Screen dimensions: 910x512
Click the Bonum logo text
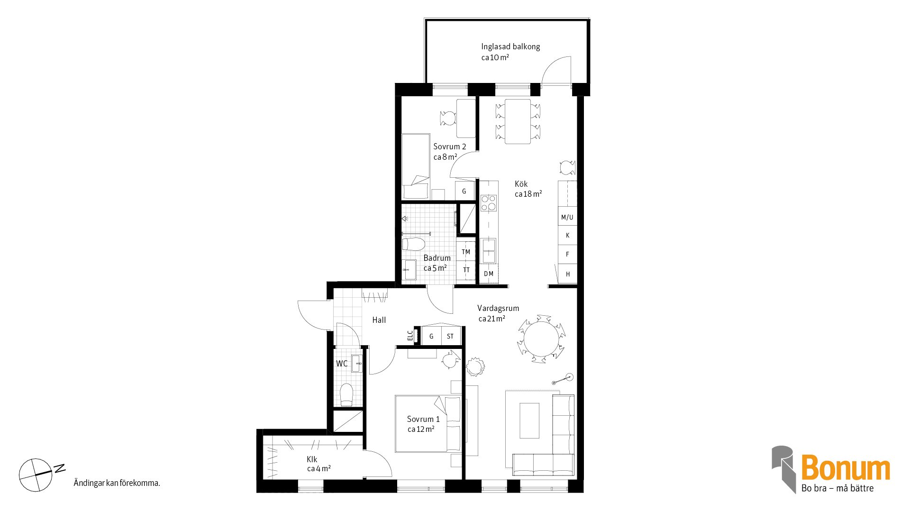pos(846,468)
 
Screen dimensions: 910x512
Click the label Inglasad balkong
pos(510,46)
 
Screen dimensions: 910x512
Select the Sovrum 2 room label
pos(449,146)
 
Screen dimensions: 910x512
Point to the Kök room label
pos(521,184)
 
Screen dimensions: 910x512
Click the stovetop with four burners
pos(489,202)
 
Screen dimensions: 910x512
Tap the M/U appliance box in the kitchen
pos(567,217)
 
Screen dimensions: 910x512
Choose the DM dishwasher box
pos(489,274)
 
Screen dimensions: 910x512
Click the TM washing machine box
pos(466,252)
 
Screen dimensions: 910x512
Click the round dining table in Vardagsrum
pos(541,338)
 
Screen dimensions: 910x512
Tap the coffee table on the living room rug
pos(529,421)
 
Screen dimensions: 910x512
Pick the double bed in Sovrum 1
pos(428,423)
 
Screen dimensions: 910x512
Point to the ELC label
pos(410,335)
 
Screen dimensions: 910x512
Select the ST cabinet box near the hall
pos(450,336)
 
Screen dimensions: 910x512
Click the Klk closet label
pos(312,459)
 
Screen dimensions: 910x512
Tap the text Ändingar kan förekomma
pos(117,483)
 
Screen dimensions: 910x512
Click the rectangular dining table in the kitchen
pos(518,121)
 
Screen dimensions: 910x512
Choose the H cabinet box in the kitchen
pos(567,274)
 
